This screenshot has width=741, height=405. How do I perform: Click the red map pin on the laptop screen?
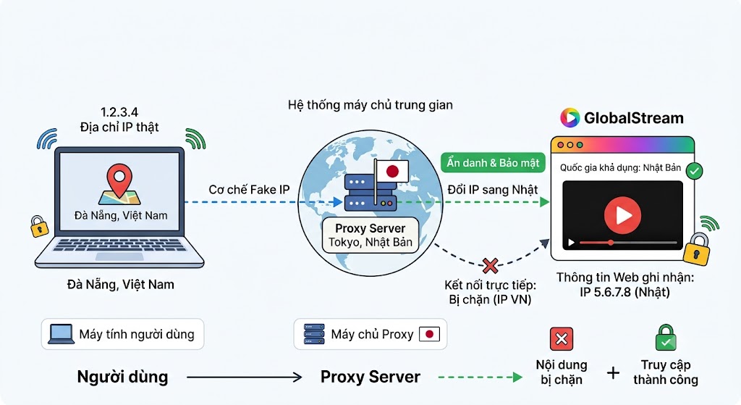[x=119, y=180]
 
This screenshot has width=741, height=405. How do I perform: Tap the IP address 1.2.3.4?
[x=119, y=112]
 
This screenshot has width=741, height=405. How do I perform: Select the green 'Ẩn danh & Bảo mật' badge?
[x=493, y=163]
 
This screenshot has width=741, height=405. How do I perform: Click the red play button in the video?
[x=622, y=215]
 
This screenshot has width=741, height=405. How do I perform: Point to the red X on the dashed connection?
[x=491, y=266]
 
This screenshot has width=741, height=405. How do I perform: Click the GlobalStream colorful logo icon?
[x=570, y=118]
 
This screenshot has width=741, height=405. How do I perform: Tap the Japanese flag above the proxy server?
[x=391, y=171]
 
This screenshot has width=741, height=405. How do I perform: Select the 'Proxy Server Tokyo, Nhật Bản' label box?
[x=370, y=235]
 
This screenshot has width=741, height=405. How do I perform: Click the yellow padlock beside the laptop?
[x=39, y=227]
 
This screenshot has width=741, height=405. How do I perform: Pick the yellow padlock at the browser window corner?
[x=697, y=249]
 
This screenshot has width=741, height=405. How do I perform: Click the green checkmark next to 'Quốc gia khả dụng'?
[x=694, y=171]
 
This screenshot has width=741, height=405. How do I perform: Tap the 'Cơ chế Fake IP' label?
[x=249, y=190]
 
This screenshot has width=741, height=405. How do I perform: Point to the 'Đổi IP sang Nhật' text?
[x=492, y=190]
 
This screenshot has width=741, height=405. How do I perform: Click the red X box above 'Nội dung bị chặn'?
[x=562, y=339]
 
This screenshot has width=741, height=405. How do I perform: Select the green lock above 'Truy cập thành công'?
[x=666, y=338]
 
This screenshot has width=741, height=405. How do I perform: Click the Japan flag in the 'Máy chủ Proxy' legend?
[x=429, y=335]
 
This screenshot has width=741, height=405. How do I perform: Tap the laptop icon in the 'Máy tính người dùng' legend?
[x=61, y=334]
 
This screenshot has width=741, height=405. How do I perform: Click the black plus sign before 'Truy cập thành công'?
[x=614, y=373]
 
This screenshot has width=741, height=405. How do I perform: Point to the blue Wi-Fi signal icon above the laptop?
[x=47, y=138]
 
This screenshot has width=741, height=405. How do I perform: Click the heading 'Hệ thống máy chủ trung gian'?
[x=370, y=104]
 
